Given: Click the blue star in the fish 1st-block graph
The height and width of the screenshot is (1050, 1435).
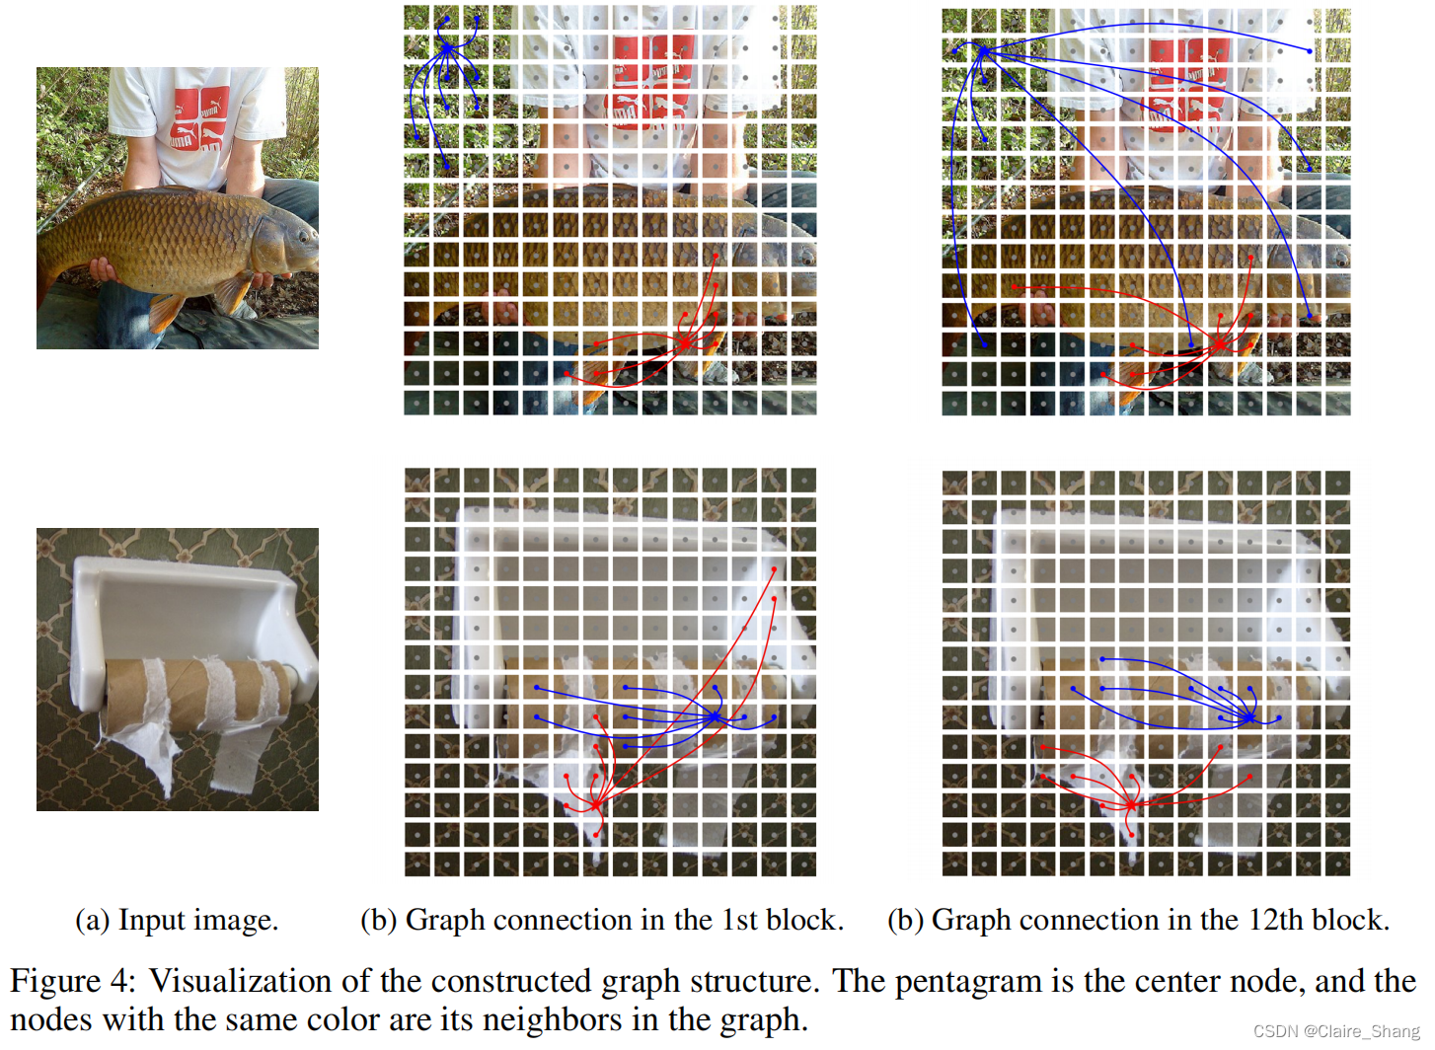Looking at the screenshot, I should (x=447, y=47).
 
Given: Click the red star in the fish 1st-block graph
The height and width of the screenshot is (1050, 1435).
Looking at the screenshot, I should (x=685, y=342).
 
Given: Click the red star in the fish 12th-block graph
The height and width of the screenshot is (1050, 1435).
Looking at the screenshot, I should (x=1220, y=342).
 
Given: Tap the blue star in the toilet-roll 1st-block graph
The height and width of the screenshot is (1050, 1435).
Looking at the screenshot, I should (x=716, y=716).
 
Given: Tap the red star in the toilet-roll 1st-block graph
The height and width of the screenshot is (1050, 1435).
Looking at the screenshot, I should (x=596, y=805).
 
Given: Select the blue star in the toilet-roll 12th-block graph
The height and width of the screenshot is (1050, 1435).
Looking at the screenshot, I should (x=1249, y=717).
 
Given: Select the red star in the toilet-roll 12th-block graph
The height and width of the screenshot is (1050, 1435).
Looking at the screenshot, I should (x=1131, y=805).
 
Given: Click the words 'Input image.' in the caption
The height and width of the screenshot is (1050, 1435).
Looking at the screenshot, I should (x=197, y=920).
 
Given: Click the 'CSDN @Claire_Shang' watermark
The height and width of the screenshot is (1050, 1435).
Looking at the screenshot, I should (x=1336, y=1031).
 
